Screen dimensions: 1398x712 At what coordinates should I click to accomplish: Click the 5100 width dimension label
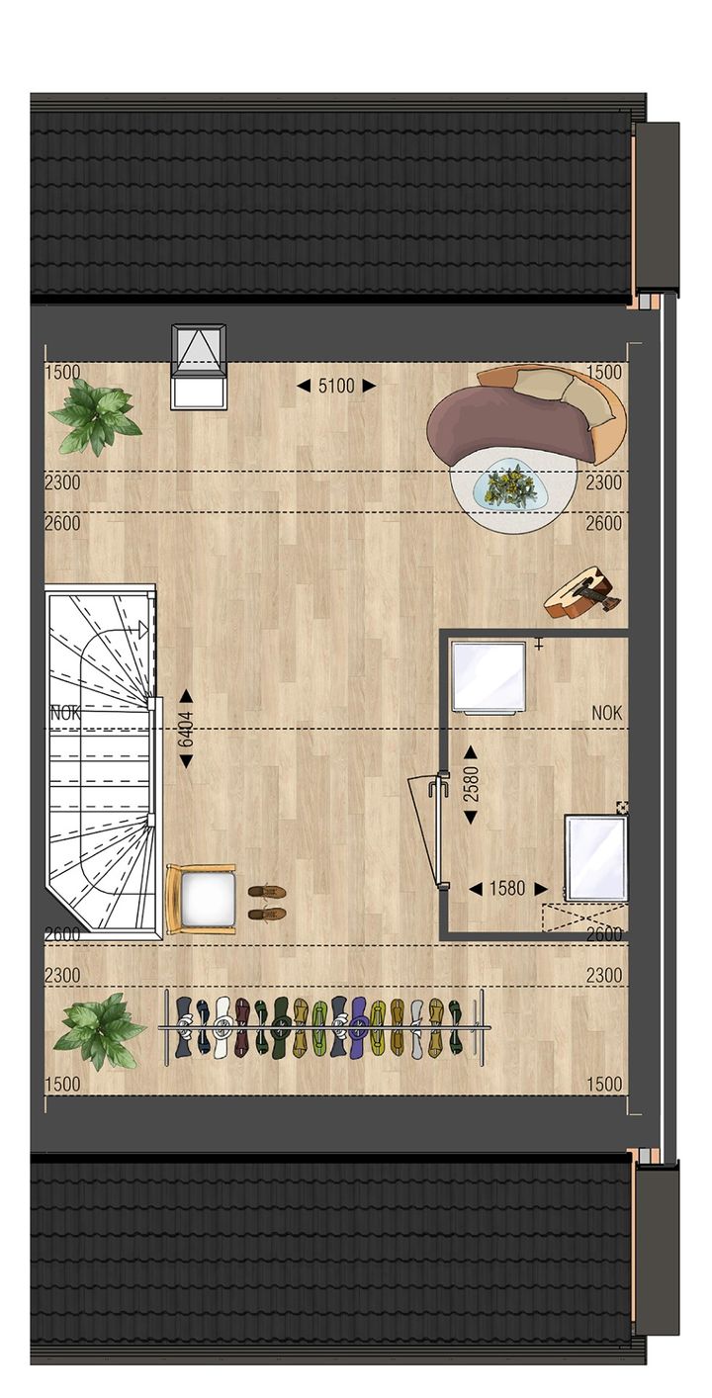(x=336, y=386)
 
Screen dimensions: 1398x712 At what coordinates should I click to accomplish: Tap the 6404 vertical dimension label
(x=186, y=729)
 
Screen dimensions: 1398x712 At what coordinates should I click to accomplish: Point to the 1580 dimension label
(x=507, y=889)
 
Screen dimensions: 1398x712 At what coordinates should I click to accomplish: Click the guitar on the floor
(x=582, y=593)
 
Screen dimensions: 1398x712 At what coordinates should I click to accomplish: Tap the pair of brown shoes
(x=267, y=902)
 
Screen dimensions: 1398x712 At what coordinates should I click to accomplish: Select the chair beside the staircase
(x=202, y=898)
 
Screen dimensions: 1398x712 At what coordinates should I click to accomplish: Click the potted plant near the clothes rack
(x=98, y=1030)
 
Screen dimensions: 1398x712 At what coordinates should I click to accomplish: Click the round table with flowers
(x=511, y=488)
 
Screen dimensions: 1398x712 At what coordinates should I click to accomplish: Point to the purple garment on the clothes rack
(x=358, y=1025)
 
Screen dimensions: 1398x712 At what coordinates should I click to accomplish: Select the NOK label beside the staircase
(x=64, y=711)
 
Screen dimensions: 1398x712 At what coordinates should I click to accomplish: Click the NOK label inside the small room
(x=607, y=712)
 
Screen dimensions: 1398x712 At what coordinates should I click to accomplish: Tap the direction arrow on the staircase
(x=143, y=629)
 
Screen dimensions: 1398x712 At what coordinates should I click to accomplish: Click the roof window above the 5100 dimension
(x=199, y=366)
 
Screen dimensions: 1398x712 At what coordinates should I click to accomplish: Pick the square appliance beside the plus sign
(x=489, y=676)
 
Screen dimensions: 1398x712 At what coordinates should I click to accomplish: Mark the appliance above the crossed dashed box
(x=595, y=856)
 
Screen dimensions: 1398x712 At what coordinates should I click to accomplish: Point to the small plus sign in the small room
(x=539, y=645)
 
